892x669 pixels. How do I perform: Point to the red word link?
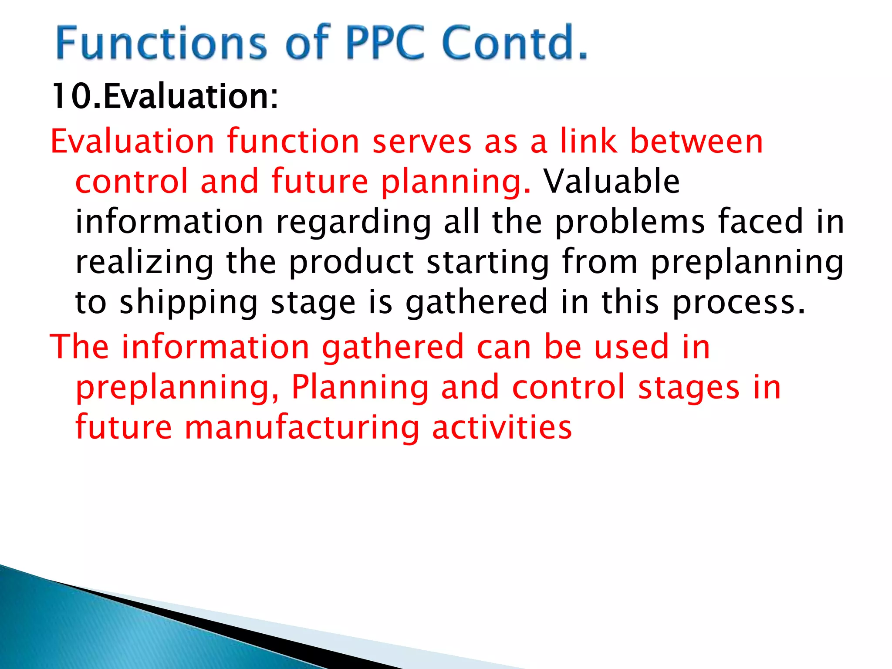point(588,142)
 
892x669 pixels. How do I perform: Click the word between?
point(696,142)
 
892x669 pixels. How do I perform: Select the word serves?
point(422,142)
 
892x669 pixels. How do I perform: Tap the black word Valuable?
point(612,181)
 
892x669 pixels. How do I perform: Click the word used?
point(632,347)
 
